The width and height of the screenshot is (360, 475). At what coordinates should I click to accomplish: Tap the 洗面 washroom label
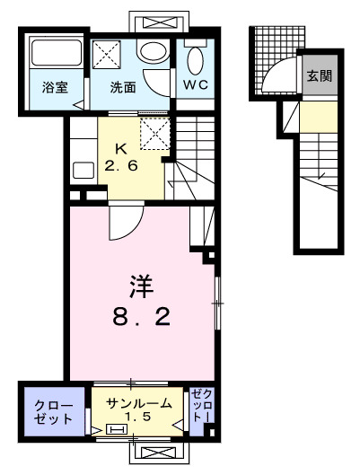click(123, 88)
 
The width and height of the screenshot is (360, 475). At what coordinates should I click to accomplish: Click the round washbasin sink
click(154, 52)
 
